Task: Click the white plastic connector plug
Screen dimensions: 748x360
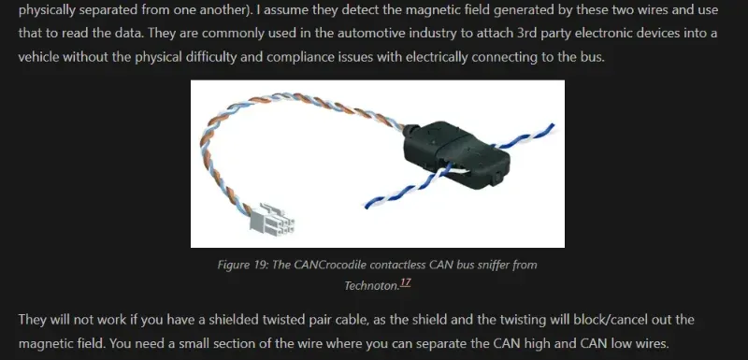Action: tap(272, 220)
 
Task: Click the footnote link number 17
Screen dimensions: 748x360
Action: tap(405, 282)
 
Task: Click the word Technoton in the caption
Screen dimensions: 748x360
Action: tap(370, 285)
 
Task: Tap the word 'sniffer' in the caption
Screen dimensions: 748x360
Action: tap(492, 265)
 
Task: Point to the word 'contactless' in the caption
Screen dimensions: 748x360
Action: tap(399, 265)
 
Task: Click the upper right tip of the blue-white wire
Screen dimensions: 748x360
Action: tap(554, 125)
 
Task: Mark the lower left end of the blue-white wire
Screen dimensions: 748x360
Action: tap(367, 206)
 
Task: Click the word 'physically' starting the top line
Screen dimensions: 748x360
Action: tap(46, 10)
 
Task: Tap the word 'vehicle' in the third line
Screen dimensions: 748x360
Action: tap(38, 57)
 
